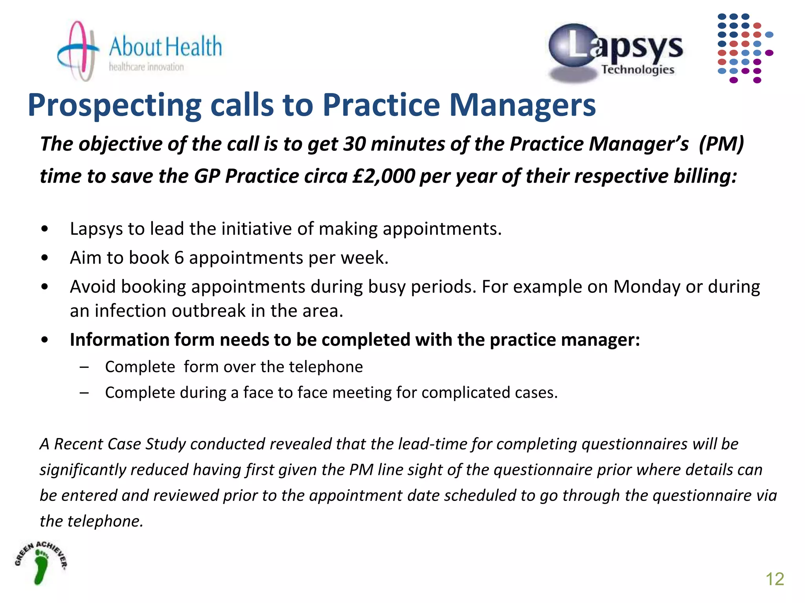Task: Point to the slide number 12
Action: (774, 579)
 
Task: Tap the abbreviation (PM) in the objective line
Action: (721, 144)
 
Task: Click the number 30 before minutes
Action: (354, 144)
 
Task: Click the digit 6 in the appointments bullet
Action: (179, 258)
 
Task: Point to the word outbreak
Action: (208, 311)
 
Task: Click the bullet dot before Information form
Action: (45, 340)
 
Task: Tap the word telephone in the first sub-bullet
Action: (326, 367)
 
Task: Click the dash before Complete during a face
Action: (84, 393)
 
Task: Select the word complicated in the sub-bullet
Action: (460, 393)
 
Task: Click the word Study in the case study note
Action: (165, 444)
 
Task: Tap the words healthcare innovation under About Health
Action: (146, 67)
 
